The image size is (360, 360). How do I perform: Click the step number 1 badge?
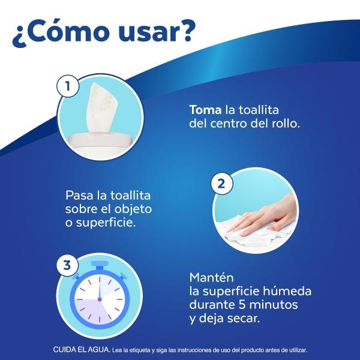click(x=68, y=86)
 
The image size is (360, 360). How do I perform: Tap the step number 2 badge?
click(x=221, y=184)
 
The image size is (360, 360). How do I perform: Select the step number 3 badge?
click(x=67, y=265)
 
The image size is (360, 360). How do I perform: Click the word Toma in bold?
click(x=205, y=110)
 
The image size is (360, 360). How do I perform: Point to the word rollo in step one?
click(x=286, y=124)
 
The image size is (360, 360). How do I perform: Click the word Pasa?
click(x=79, y=196)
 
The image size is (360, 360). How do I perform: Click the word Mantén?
click(x=211, y=278)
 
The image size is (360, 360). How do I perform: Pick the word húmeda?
click(x=287, y=291)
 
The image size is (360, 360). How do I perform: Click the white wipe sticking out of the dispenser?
click(x=102, y=107)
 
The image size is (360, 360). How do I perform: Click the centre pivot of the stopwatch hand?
click(x=100, y=299)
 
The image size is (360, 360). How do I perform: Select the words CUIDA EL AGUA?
click(x=82, y=350)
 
